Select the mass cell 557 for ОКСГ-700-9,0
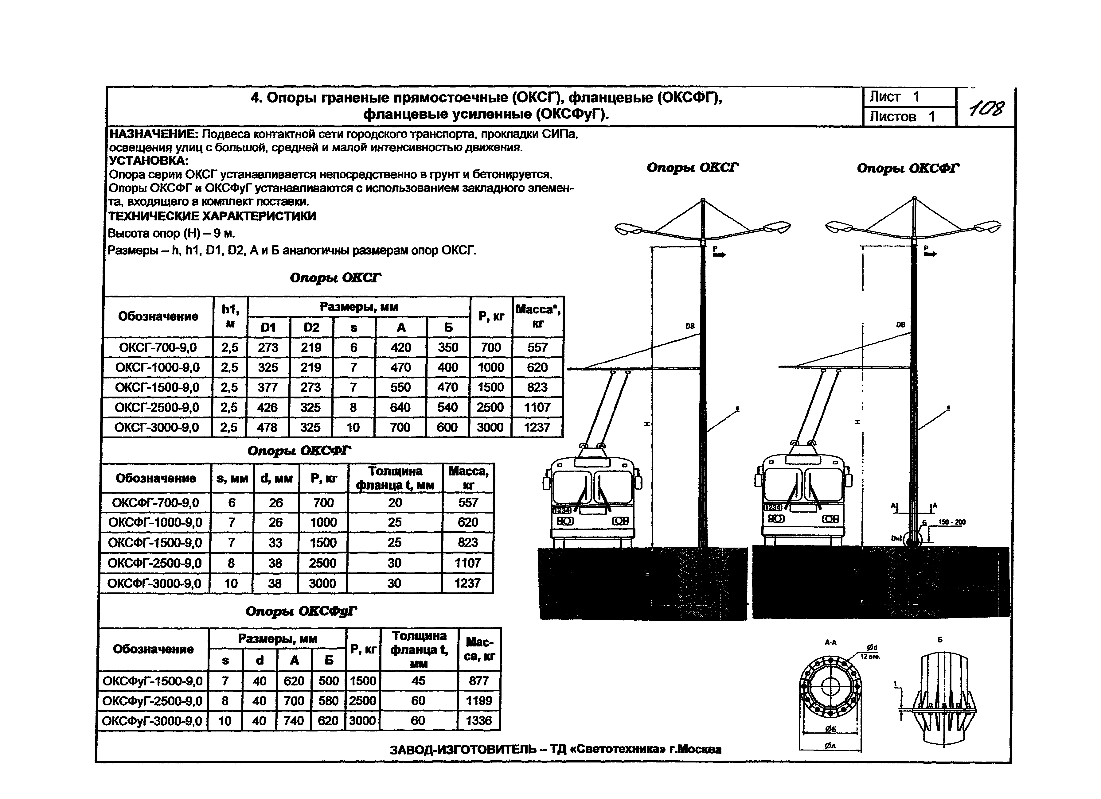(537, 347)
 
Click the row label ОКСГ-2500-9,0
(157, 408)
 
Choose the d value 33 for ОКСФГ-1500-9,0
(275, 542)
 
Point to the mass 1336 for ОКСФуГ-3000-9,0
(479, 720)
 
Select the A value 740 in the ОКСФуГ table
(294, 720)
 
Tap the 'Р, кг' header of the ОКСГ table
(491, 316)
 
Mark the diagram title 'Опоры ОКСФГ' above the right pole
(908, 168)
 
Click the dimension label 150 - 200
(952, 522)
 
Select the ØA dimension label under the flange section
(830, 746)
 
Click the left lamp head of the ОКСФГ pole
(839, 226)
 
